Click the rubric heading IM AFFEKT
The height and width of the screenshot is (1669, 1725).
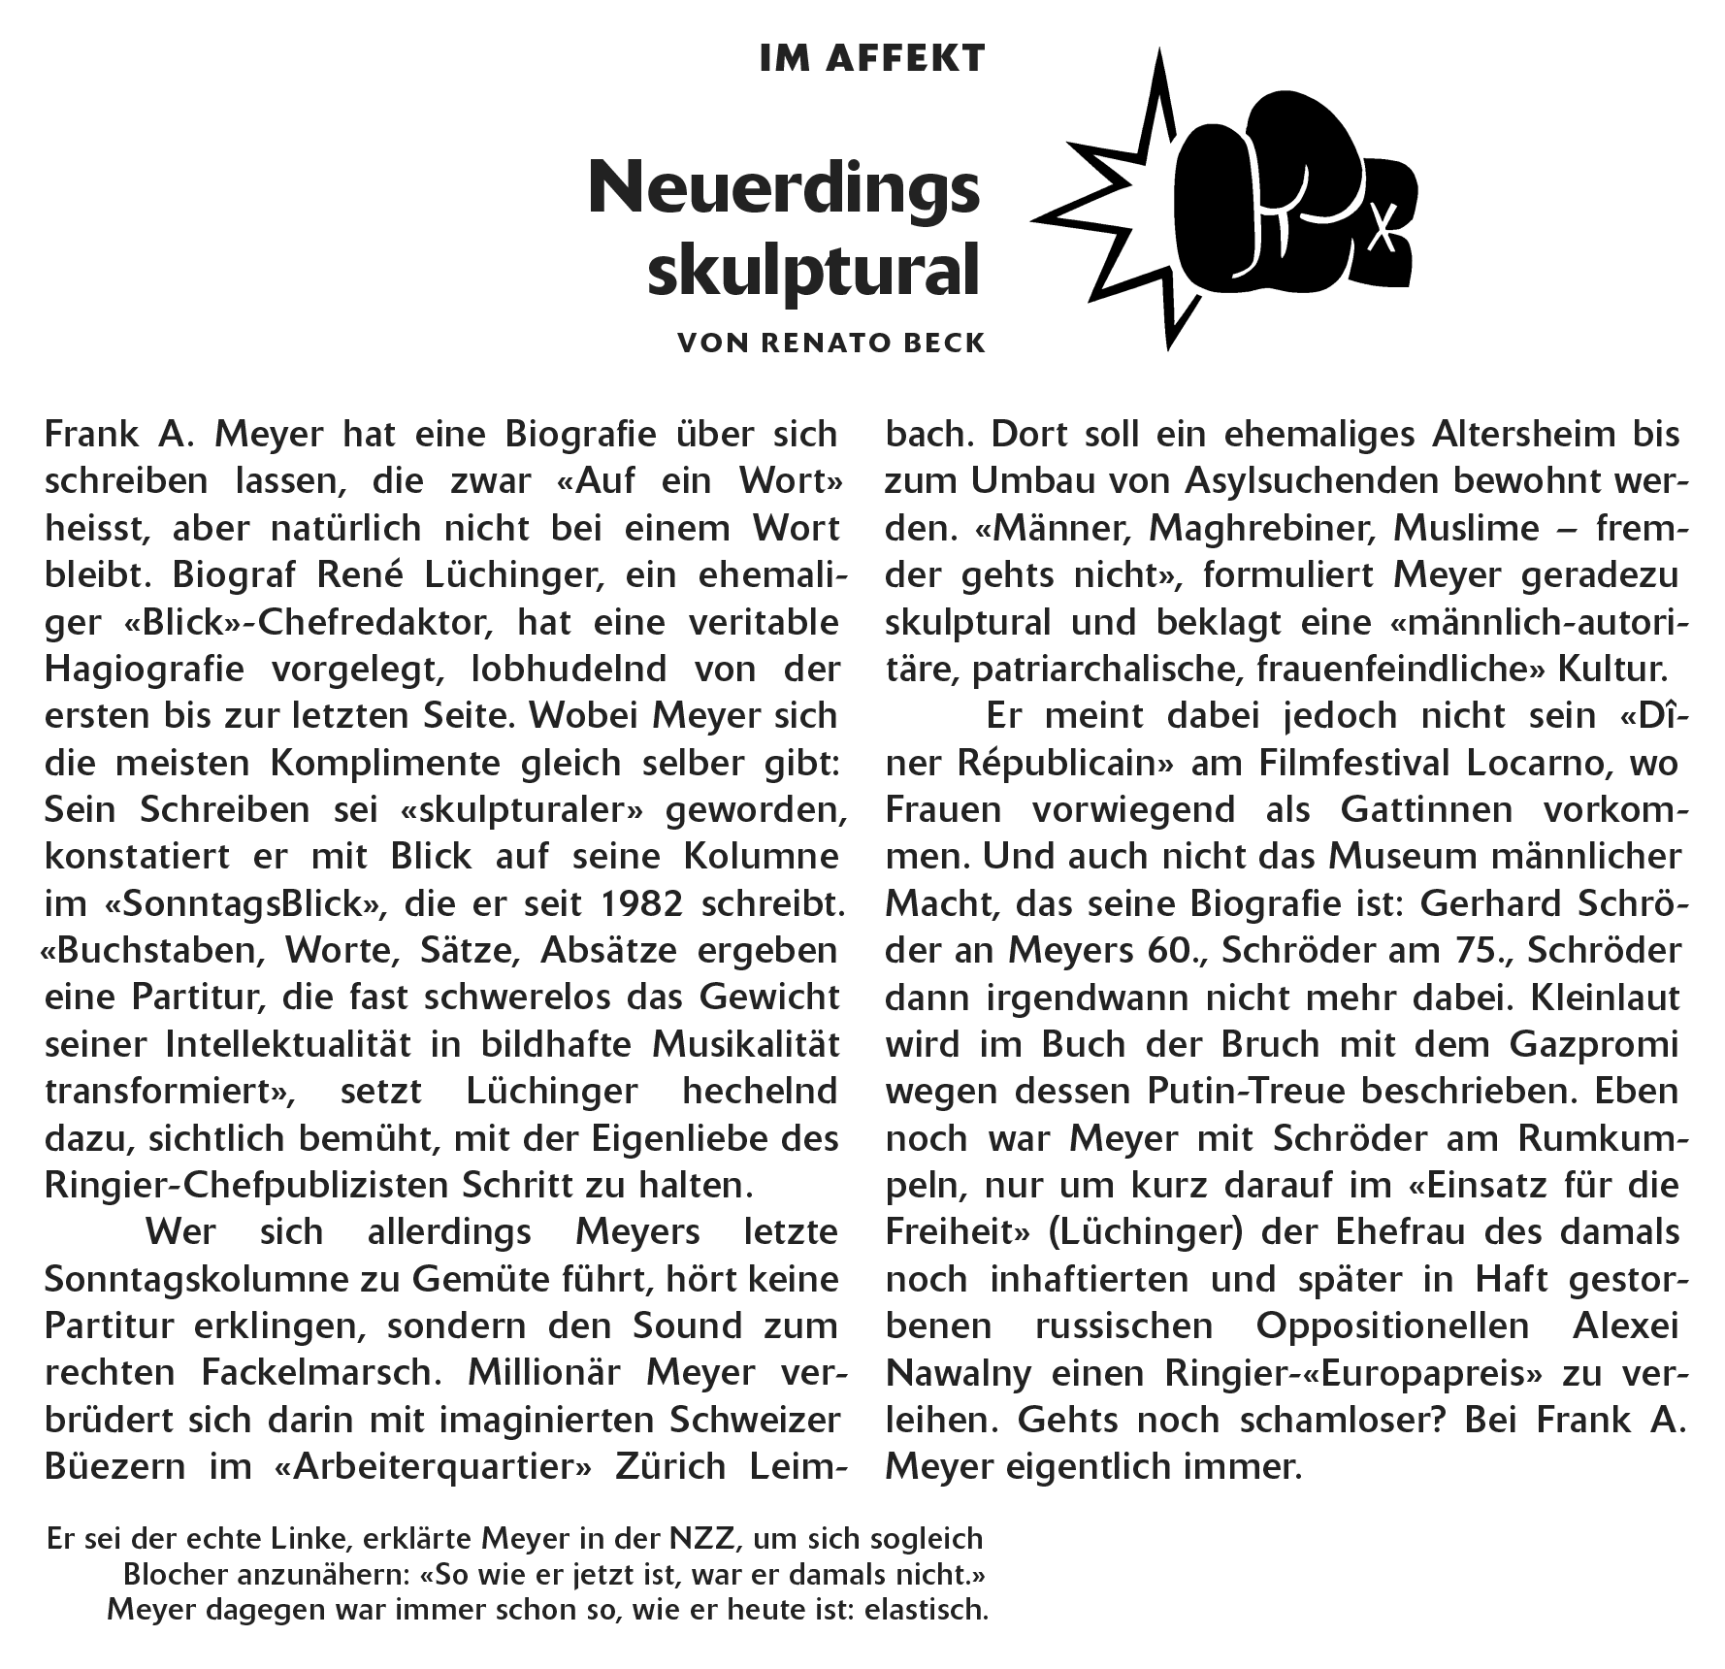click(872, 59)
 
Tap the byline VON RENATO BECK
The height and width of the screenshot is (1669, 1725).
click(831, 343)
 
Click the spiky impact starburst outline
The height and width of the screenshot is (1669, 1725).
click(1116, 204)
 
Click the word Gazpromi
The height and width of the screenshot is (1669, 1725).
click(1593, 1045)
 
